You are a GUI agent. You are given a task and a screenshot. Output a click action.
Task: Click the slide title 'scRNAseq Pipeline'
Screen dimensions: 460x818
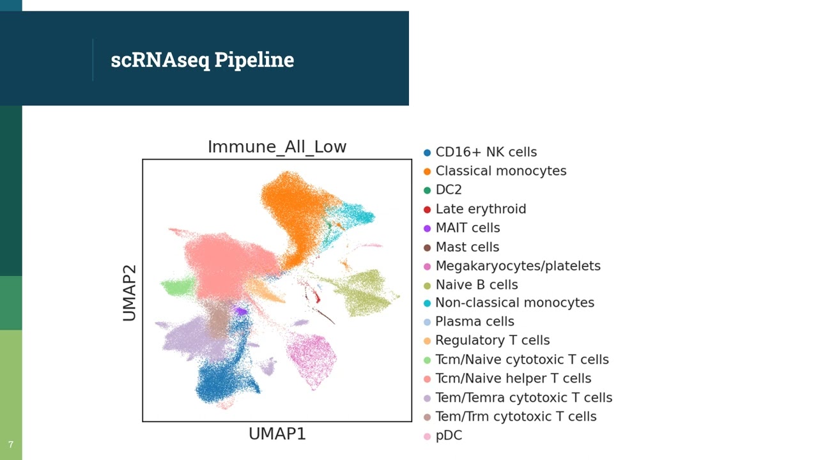tap(202, 59)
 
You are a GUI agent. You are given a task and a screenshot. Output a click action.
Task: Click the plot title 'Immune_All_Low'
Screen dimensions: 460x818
tap(277, 147)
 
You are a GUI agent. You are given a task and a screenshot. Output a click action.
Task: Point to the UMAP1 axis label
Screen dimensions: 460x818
tap(277, 434)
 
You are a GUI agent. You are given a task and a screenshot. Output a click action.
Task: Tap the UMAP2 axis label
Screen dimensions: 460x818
tap(130, 293)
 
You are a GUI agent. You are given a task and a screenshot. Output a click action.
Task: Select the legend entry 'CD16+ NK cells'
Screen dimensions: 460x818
tap(486, 152)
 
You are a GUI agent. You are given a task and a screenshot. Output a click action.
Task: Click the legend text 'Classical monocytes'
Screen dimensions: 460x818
tap(500, 171)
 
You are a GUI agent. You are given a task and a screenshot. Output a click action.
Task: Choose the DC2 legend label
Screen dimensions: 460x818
tap(448, 190)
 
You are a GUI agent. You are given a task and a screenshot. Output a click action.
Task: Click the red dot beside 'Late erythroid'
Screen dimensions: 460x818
tap(427, 210)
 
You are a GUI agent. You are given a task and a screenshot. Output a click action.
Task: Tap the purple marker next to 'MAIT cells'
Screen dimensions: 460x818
tap(427, 228)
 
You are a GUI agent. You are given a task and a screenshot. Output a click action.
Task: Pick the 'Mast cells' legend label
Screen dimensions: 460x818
tap(467, 247)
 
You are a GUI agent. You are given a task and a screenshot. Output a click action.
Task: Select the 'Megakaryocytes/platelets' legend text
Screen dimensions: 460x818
tap(518, 266)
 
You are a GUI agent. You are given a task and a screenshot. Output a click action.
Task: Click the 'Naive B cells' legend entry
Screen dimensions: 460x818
tap(476, 285)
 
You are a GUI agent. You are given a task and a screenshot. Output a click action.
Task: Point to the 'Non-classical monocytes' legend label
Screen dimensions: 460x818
tap(514, 303)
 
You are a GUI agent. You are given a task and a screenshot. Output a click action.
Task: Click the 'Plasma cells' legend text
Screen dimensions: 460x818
tap(474, 322)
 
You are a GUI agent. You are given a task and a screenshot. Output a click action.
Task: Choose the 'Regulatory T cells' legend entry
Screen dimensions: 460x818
tap(492, 341)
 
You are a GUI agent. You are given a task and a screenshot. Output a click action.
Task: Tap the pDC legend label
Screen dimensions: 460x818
tap(449, 436)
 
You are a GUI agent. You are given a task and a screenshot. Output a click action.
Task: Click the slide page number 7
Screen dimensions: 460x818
tap(11, 445)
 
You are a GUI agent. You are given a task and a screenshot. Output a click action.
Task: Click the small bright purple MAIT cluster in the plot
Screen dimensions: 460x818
tap(241, 311)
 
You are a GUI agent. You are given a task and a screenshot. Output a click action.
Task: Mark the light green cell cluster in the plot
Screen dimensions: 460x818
tap(177, 287)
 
